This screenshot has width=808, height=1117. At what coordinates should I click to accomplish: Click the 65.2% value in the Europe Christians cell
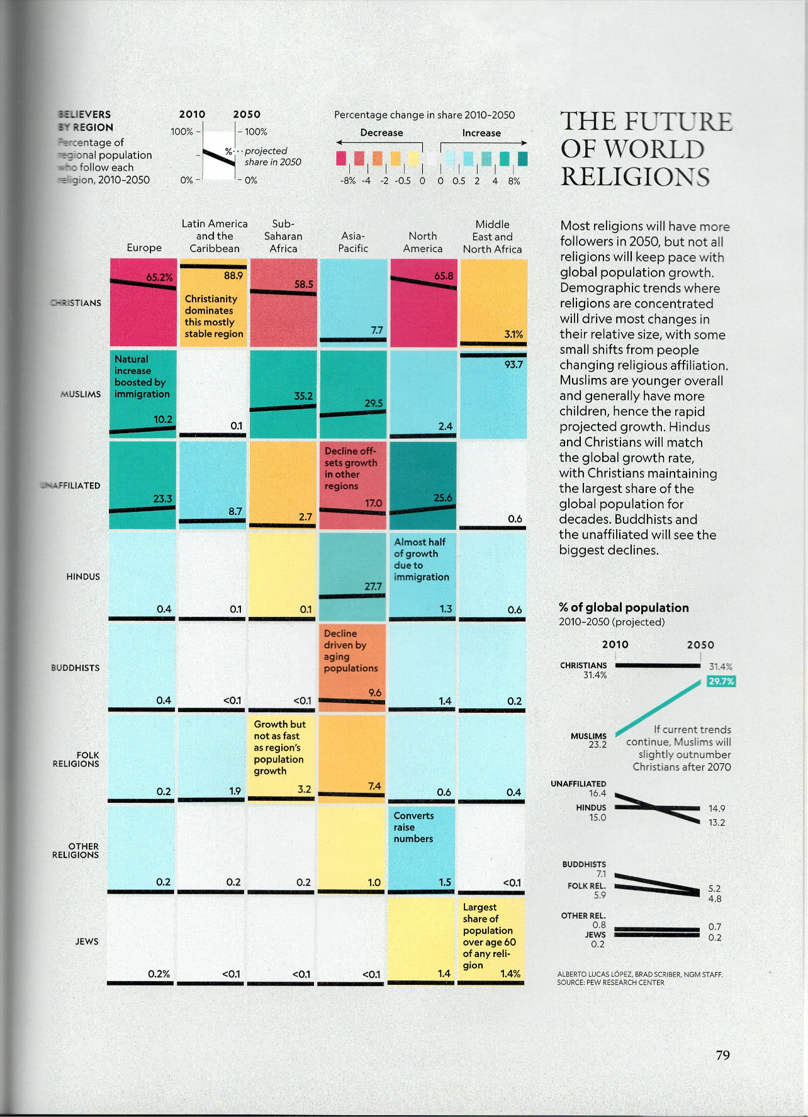159,277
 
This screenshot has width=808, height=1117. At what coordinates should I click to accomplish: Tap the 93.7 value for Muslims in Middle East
513,365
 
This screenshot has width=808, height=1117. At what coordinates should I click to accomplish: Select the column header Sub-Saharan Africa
283,236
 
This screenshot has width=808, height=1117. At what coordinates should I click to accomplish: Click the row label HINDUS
83,576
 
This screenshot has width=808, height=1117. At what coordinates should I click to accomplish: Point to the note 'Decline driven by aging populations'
351,650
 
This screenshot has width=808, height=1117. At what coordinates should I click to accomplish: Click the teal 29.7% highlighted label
721,681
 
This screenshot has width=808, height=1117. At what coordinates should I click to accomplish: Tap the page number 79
722,1055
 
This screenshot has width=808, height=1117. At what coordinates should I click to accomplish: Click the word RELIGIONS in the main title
635,177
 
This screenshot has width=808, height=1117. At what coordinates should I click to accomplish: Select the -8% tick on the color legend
347,181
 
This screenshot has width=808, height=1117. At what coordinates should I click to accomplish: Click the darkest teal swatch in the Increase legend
523,158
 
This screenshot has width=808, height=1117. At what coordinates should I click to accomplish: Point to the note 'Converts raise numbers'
413,827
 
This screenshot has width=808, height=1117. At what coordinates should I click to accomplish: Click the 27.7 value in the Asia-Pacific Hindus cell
373,586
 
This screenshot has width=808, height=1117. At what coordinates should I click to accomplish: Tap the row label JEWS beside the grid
87,941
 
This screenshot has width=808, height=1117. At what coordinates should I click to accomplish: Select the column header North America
422,242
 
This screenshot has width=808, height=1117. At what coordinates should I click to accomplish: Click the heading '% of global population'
624,608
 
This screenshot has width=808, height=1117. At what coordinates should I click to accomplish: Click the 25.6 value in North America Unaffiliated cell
442,497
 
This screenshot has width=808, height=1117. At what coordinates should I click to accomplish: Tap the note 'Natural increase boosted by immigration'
142,376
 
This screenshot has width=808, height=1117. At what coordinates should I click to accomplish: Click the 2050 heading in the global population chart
700,645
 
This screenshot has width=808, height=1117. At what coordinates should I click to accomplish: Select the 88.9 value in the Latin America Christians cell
233,275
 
